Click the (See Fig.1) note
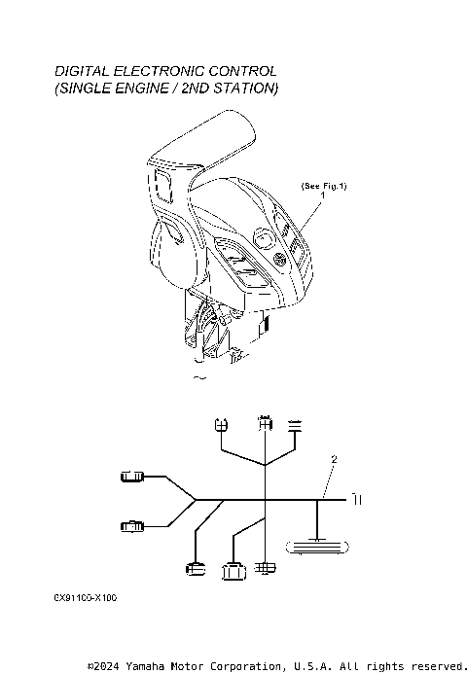point(324,186)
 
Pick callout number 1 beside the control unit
point(322,195)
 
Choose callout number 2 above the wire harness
point(334,459)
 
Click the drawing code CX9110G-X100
point(86,598)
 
